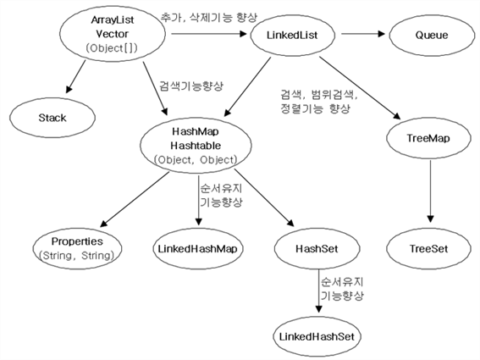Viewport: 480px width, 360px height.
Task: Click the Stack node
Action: (52, 118)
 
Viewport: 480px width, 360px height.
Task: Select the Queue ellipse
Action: (432, 36)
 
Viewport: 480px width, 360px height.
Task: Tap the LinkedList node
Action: (292, 36)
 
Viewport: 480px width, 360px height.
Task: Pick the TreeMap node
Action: (428, 138)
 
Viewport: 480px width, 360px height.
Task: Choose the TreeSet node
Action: (428, 248)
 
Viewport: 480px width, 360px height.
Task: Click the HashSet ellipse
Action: (317, 248)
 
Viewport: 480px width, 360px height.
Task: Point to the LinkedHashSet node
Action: (317, 336)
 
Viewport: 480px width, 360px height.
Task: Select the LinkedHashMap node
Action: (198, 248)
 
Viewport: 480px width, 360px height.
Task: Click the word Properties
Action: (77, 241)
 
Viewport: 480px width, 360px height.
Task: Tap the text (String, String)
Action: (76, 256)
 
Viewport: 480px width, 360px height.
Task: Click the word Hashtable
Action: (196, 146)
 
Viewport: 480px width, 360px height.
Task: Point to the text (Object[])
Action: (112, 48)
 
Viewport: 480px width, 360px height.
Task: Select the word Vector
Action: (112, 34)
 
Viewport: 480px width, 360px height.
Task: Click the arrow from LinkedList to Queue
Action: (363, 34)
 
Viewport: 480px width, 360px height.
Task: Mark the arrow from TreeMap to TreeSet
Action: (430, 191)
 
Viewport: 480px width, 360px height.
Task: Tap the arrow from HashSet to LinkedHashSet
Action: (318, 291)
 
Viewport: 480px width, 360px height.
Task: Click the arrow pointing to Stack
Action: (75, 76)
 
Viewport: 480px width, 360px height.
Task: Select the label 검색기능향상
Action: (191, 86)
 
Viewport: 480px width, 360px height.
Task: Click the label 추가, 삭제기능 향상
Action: (209, 17)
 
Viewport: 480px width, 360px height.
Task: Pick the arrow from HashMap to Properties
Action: (135, 199)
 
